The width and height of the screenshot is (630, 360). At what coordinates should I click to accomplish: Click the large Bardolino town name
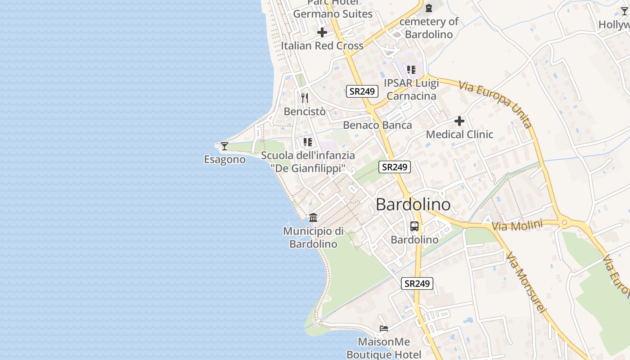coord(413,205)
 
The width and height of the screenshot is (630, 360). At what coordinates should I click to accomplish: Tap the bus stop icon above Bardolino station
coord(414,226)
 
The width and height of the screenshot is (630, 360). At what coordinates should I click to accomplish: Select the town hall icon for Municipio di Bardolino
coord(313,218)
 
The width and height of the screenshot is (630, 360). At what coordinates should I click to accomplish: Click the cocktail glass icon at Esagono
coord(224,146)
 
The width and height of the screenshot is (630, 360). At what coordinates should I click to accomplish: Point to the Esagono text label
coord(225,159)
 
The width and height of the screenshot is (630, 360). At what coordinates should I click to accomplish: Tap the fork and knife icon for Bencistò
coord(305,98)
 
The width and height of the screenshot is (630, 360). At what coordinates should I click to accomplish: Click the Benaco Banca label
coord(377,125)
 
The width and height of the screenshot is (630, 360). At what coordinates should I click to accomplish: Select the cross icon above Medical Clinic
coord(459,121)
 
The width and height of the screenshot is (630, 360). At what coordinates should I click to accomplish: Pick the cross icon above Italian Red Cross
coord(322,32)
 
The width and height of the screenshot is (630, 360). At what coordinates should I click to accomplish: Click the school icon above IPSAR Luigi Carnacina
coord(411,70)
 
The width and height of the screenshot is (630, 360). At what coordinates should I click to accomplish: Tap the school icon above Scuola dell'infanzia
coord(308,142)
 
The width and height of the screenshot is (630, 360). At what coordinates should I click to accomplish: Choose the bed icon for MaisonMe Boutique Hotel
coord(384,328)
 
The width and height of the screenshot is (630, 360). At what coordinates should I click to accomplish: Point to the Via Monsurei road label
coord(526,282)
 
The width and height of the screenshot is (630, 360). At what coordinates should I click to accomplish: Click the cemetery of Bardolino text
coord(429,27)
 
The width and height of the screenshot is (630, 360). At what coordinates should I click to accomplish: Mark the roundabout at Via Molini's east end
coord(564,222)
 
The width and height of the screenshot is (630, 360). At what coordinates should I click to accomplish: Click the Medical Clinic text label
coord(459,134)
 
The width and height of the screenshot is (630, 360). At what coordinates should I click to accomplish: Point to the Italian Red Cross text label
coord(322,45)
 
